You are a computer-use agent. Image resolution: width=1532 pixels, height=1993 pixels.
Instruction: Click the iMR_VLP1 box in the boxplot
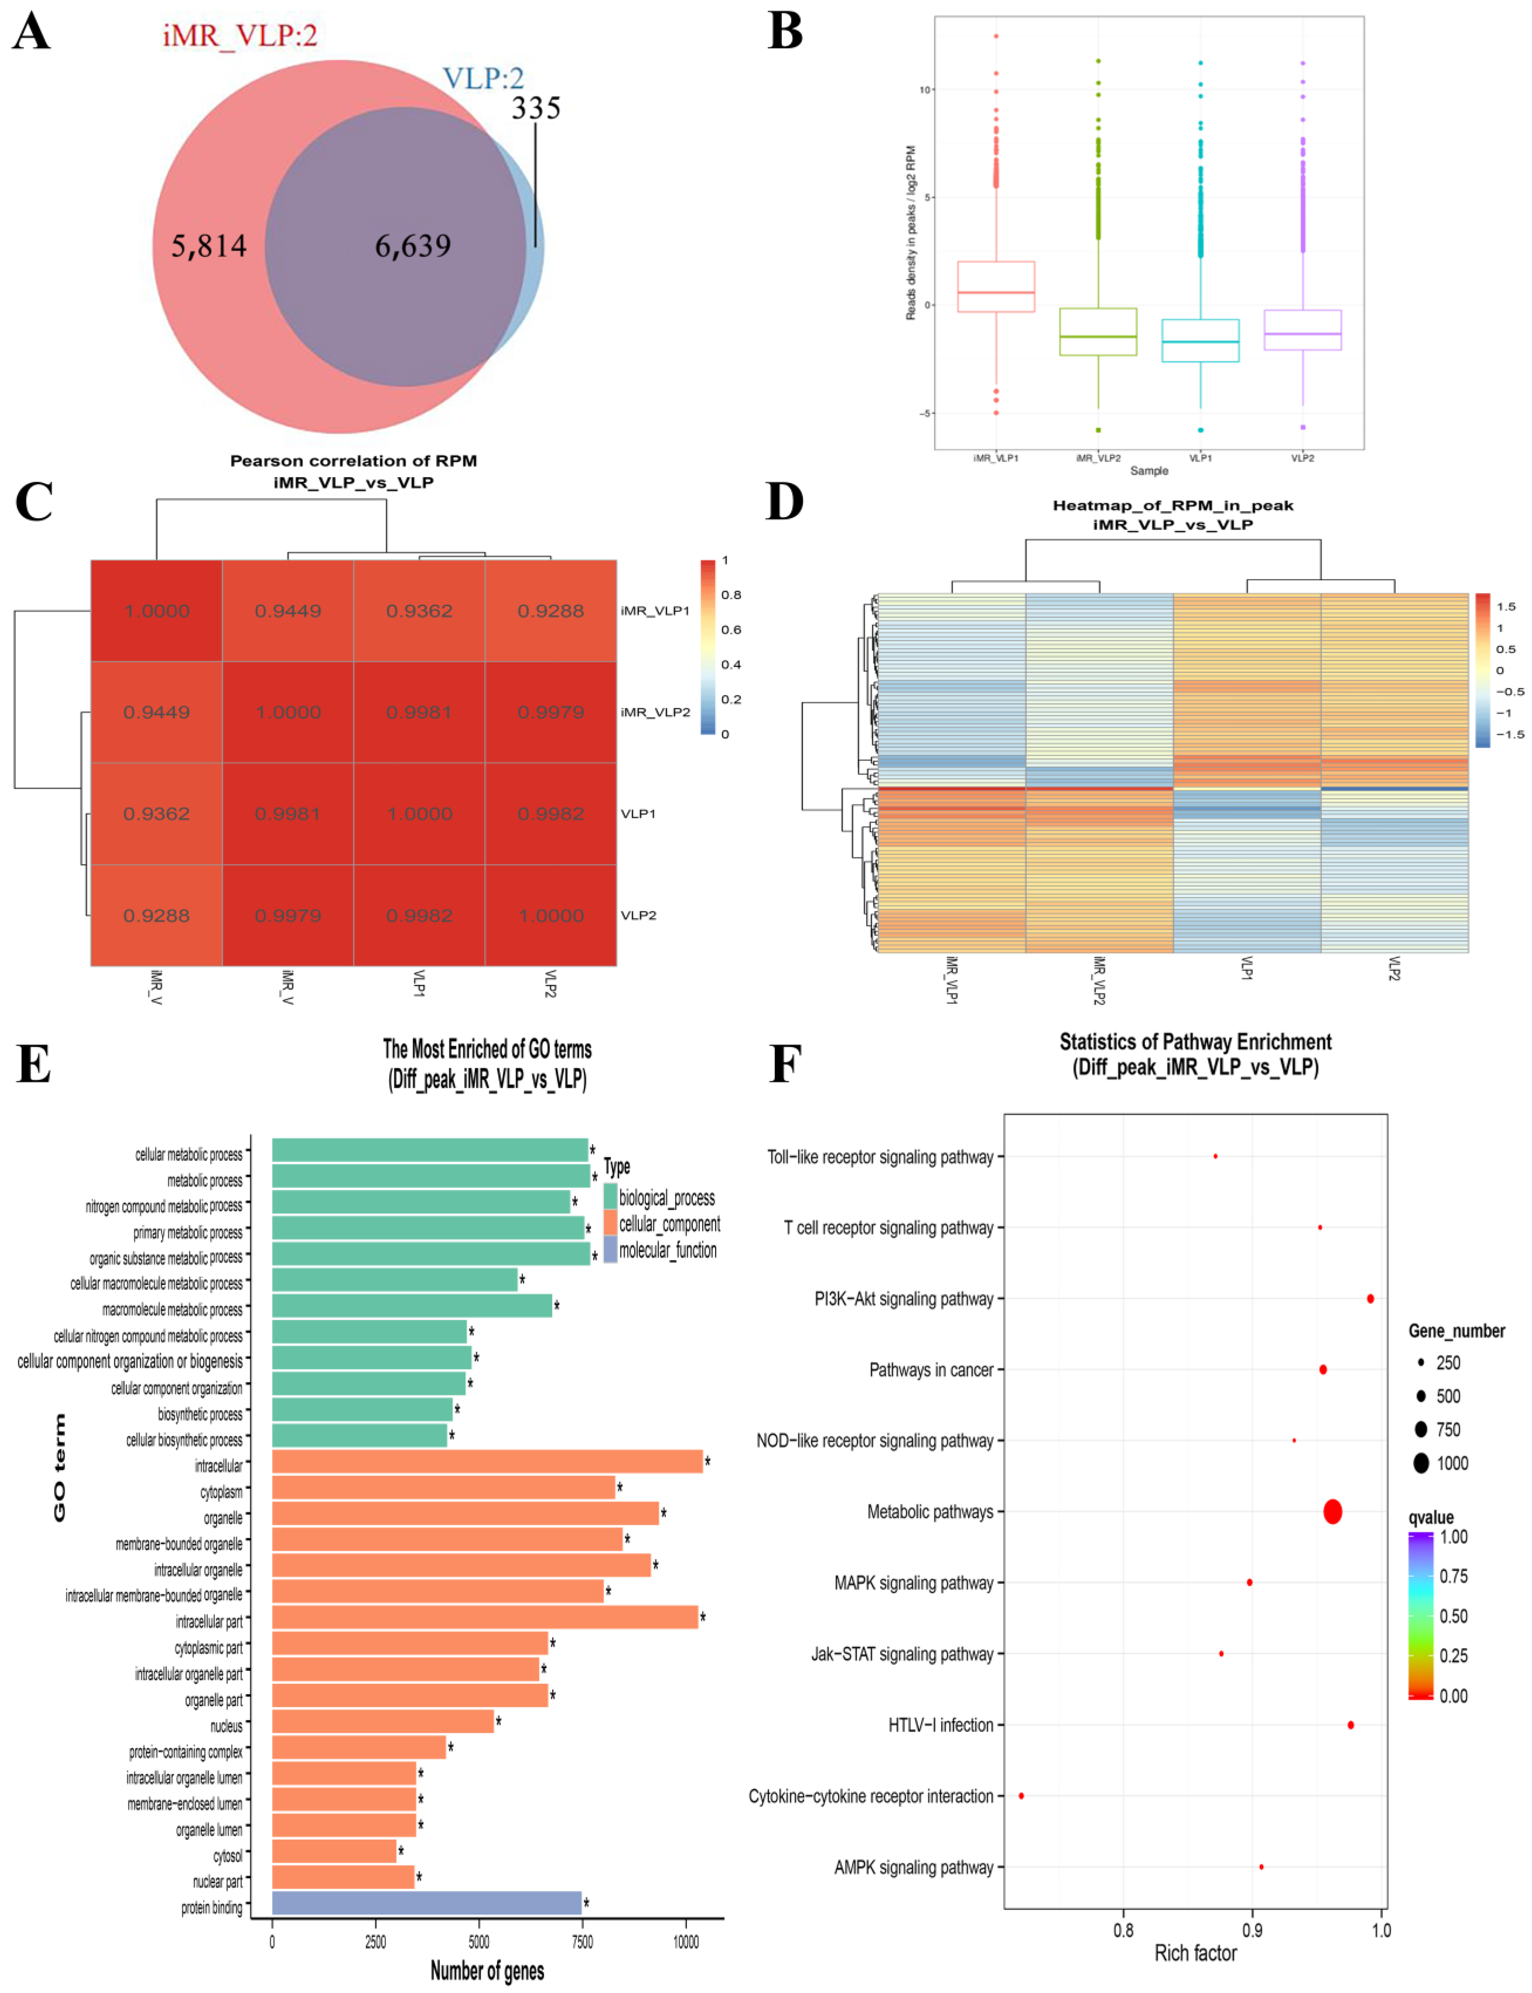tap(996, 286)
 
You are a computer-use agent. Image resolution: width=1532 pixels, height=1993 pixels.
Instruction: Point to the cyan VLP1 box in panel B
tap(1200, 340)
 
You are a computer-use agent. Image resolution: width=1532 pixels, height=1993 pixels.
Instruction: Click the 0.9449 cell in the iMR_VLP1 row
tap(288, 610)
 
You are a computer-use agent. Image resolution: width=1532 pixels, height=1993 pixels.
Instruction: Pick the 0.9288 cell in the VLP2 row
tap(157, 915)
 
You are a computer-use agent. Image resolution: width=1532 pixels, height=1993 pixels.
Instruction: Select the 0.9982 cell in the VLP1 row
tap(551, 814)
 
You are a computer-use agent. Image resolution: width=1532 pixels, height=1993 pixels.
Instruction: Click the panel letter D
tap(784, 502)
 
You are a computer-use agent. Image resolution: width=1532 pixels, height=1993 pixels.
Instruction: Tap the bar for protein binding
tap(427, 1903)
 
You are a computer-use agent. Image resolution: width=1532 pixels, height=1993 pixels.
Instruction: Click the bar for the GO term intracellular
tap(487, 1461)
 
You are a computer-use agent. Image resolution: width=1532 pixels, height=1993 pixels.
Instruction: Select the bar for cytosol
tap(334, 1851)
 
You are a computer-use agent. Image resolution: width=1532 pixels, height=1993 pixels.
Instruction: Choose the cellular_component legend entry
tap(669, 1224)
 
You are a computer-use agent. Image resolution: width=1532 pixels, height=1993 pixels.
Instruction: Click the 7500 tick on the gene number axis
tap(582, 1941)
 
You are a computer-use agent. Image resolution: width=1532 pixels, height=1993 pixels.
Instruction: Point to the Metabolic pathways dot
tap(1332, 1512)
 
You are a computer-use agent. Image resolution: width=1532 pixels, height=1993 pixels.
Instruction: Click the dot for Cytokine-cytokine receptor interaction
tap(1021, 1795)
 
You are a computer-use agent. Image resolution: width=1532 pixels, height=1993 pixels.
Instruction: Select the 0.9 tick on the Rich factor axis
tap(1253, 1929)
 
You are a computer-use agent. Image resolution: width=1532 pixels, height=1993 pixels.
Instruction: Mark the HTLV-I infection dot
tap(1351, 1725)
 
